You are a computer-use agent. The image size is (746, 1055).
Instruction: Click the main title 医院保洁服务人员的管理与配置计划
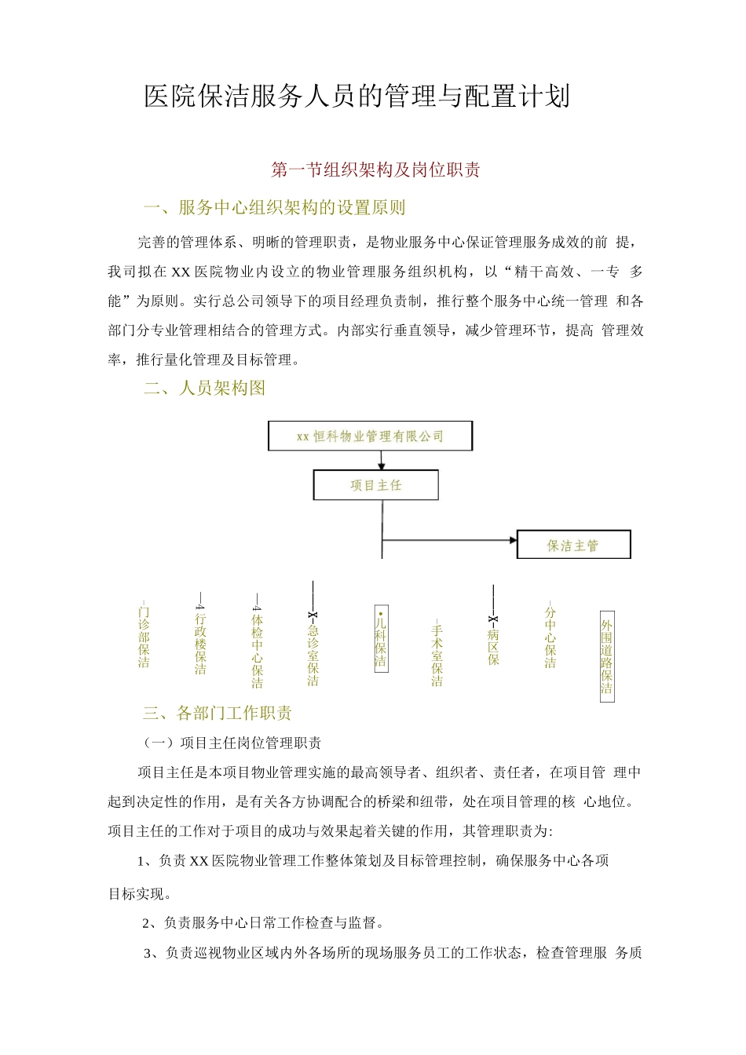[357, 97]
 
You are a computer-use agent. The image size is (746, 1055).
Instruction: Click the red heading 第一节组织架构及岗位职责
[375, 170]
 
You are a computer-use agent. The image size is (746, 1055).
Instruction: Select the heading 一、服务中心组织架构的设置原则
[275, 208]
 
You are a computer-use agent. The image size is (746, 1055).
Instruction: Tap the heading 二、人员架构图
[205, 388]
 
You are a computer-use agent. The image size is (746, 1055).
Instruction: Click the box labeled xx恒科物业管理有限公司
[370, 436]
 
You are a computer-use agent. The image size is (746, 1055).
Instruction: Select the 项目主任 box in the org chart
[375, 485]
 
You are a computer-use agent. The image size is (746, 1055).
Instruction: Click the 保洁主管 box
[573, 545]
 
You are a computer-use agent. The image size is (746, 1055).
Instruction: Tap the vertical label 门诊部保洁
[144, 637]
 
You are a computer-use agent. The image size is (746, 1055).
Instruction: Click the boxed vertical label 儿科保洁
[381, 638]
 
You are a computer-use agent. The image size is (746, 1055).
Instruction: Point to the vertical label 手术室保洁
[437, 654]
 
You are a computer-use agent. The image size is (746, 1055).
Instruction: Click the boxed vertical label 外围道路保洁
[607, 656]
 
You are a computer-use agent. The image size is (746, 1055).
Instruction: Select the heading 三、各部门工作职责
[218, 713]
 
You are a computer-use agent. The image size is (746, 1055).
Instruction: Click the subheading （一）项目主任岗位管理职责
[232, 743]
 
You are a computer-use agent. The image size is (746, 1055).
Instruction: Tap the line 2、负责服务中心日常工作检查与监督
[263, 922]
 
